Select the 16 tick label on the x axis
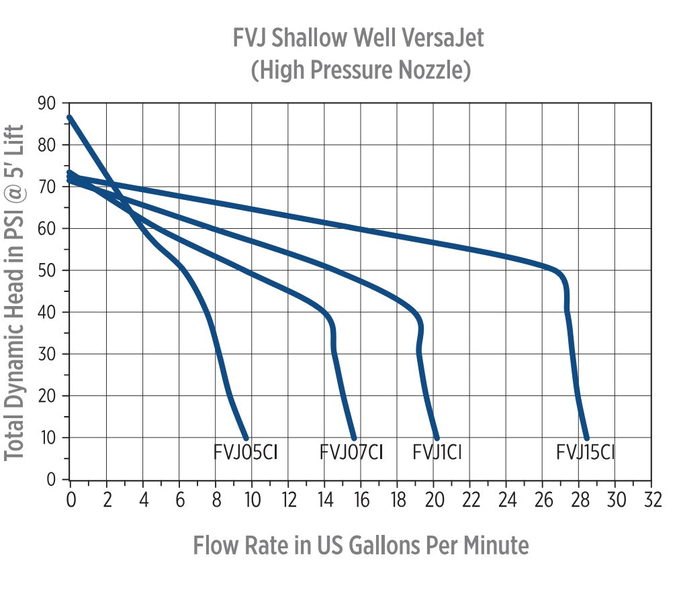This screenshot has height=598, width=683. point(361,500)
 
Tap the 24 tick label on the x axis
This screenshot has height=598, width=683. point(506,500)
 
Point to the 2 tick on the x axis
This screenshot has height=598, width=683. point(107,500)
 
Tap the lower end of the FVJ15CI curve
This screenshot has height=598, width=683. point(586,438)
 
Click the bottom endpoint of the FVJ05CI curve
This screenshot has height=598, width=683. point(246,438)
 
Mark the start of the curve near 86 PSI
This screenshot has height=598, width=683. point(70,118)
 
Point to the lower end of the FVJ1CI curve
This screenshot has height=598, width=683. point(437,438)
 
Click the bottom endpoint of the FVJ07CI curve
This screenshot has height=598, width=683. point(354,438)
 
